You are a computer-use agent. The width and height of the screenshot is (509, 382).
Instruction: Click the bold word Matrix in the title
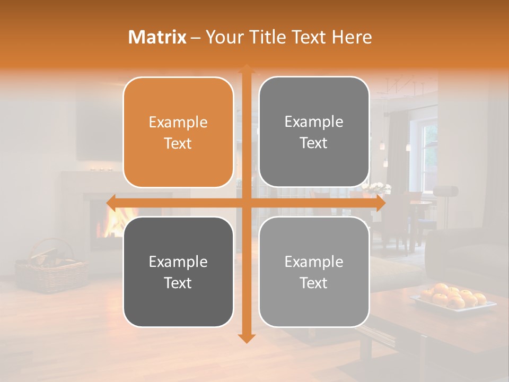pyautogui.click(x=157, y=37)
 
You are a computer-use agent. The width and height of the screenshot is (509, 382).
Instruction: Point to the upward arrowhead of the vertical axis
pyautogui.click(x=246, y=70)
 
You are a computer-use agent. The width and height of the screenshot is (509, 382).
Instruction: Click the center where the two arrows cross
pyautogui.click(x=246, y=203)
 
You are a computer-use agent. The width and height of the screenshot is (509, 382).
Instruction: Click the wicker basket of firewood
pyautogui.click(x=51, y=268)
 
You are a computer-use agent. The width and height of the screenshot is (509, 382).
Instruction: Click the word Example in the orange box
pyautogui.click(x=178, y=123)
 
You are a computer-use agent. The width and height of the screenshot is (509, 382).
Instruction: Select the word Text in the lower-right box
pyautogui.click(x=314, y=283)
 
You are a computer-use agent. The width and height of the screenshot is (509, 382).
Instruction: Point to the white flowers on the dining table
pyautogui.click(x=378, y=188)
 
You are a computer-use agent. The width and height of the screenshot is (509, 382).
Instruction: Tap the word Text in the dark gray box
pyautogui.click(x=178, y=283)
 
